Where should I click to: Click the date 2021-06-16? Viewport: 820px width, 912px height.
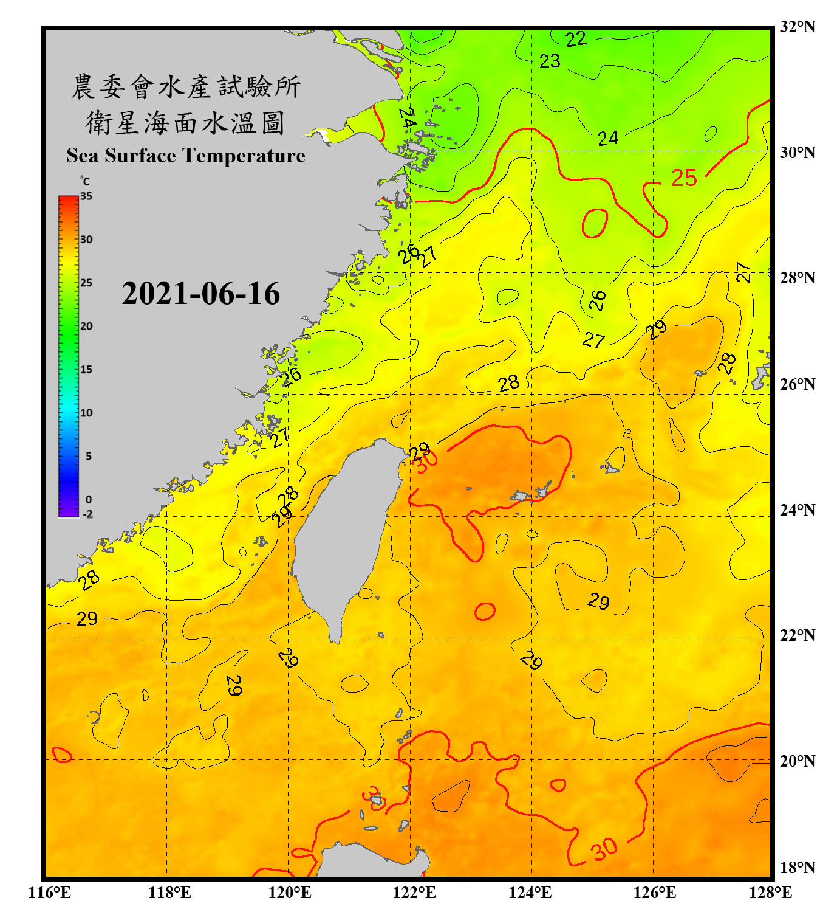[200, 294]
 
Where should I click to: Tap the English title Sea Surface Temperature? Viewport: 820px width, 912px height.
[185, 156]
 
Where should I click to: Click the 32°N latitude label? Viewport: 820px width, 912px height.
[797, 27]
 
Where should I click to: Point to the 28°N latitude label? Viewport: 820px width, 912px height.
[797, 278]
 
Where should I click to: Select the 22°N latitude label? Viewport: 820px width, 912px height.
[797, 635]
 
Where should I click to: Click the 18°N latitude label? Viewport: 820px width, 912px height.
[797, 868]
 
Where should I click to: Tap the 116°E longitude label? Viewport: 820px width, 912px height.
[49, 893]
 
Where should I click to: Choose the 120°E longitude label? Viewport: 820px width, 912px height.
[290, 893]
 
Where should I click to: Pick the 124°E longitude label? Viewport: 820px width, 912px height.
[530, 893]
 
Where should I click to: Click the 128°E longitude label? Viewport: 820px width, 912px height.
[770, 893]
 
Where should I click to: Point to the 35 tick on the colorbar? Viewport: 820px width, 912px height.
[86, 196]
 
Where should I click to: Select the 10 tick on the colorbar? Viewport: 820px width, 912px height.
[86, 413]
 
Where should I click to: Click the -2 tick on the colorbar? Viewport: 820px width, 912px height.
[87, 514]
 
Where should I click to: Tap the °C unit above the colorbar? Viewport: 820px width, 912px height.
[85, 181]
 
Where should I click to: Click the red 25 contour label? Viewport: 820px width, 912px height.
[683, 178]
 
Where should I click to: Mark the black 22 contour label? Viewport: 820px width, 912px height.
[576, 40]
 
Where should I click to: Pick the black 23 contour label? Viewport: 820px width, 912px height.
[550, 61]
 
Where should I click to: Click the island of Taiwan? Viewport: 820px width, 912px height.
[343, 535]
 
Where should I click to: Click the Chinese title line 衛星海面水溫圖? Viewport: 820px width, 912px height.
[185, 123]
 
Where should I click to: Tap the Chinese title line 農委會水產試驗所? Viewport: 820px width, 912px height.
[185, 87]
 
